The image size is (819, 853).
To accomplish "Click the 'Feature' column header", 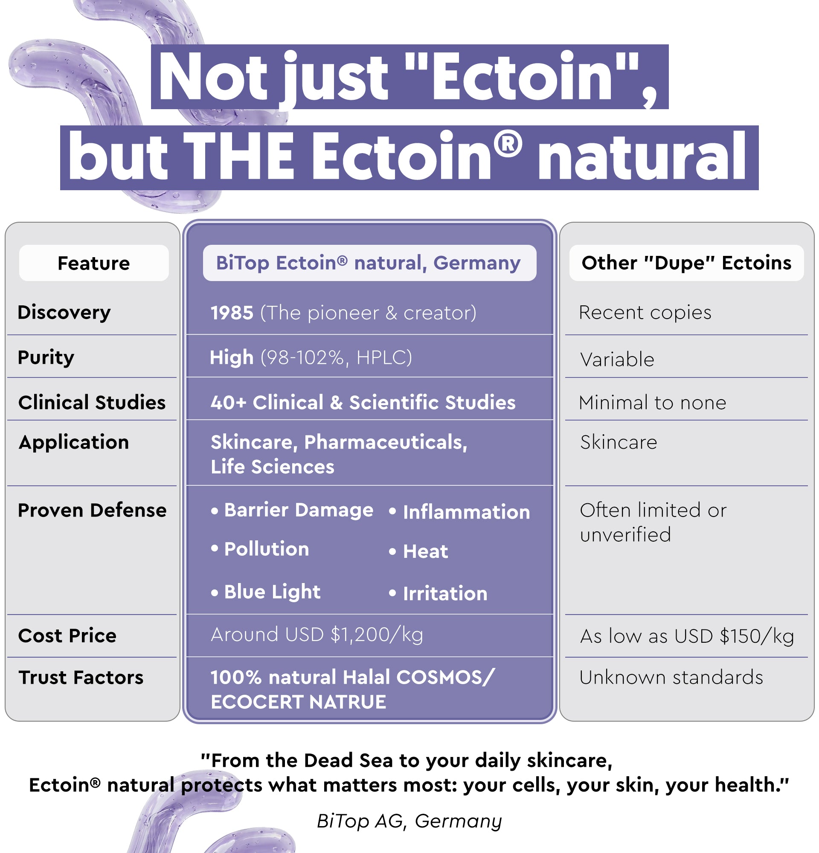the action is click(93, 263).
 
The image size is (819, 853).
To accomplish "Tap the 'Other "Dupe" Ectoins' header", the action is click(686, 263).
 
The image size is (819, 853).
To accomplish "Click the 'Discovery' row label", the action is click(64, 313).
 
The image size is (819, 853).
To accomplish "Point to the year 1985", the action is click(232, 313).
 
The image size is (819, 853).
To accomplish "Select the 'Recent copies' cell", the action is click(645, 313).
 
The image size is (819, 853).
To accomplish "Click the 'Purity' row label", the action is click(46, 358).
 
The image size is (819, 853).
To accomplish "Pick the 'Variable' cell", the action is click(617, 360).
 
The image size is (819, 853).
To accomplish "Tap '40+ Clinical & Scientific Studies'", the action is click(363, 403).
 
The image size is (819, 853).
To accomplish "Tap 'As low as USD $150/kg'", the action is click(687, 636).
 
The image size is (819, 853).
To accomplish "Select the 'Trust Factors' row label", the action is click(81, 678).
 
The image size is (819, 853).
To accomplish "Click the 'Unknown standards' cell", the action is click(671, 678).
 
